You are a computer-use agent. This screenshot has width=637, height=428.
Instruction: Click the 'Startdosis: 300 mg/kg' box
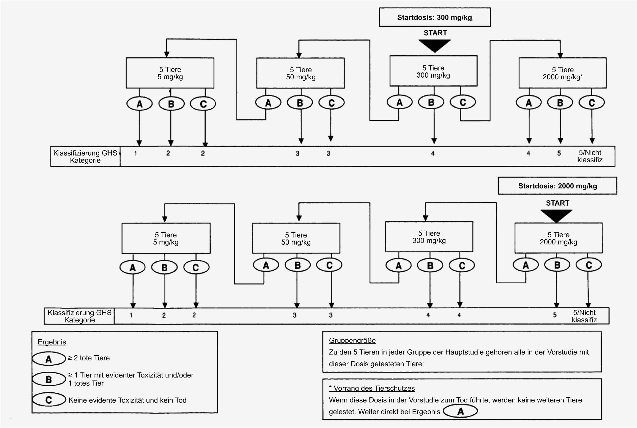tap(434, 17)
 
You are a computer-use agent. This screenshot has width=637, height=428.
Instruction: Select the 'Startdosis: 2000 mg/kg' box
tap(557, 186)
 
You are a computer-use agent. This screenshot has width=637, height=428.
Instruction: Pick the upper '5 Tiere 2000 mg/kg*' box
tap(563, 73)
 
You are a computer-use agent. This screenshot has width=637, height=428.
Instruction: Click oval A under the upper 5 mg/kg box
tap(140, 104)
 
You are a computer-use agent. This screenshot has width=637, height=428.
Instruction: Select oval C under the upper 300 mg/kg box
tap(463, 102)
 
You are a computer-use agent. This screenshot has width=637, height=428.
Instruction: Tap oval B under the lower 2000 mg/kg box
tap(557, 265)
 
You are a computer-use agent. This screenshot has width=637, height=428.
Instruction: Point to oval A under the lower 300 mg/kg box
tap(398, 265)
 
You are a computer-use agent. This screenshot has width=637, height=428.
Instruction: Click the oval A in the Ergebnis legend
tap(49, 359)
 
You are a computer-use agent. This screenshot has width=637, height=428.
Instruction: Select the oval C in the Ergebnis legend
tap(49, 400)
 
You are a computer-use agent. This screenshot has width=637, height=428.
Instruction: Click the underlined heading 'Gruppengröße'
tap(352, 340)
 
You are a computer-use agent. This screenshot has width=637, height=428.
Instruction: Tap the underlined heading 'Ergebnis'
tap(52, 342)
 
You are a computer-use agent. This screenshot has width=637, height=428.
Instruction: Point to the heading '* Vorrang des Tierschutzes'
tap(372, 388)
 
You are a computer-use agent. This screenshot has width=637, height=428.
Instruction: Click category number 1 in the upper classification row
tap(135, 153)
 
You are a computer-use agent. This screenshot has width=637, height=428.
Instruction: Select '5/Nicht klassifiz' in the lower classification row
tap(584, 316)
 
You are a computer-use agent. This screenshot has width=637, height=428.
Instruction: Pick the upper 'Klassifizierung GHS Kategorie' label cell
tap(85, 156)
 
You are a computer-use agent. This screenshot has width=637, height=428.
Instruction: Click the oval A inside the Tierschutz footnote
tap(460, 411)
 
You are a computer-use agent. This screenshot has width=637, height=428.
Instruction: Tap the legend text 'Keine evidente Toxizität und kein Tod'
tap(127, 400)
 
